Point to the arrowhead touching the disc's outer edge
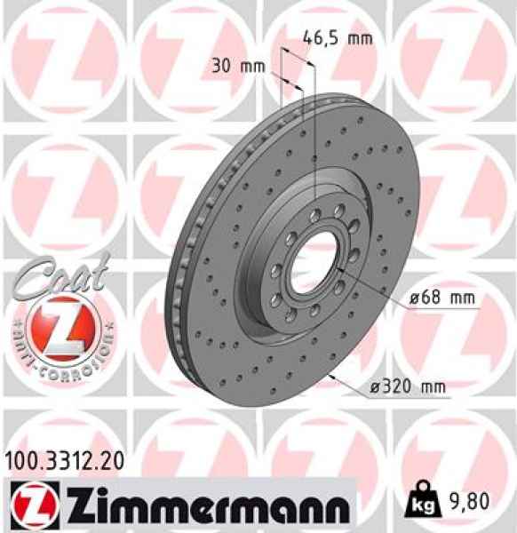(331, 377)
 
